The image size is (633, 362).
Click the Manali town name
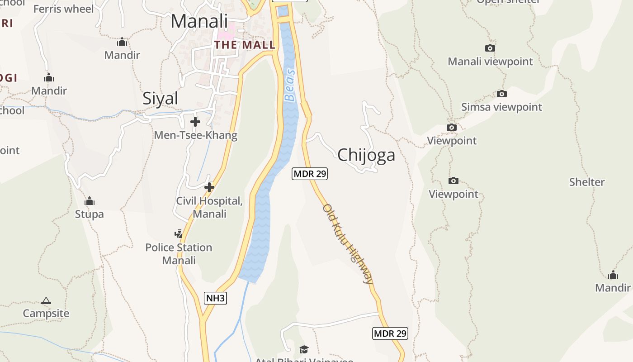pyautogui.click(x=199, y=21)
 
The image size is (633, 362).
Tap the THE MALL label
pyautogui.click(x=245, y=45)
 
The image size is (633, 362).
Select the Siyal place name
pyautogui.click(x=160, y=98)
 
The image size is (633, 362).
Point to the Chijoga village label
pyautogui.click(x=366, y=155)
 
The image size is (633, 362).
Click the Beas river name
pyautogui.click(x=290, y=85)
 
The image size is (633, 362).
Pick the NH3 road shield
pyautogui.click(x=215, y=298)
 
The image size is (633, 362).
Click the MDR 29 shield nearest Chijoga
pyautogui.click(x=310, y=173)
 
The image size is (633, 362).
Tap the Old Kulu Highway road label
pyautogui.click(x=348, y=244)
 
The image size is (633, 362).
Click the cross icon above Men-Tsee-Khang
pyautogui.click(x=195, y=122)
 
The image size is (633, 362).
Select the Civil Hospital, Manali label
pyautogui.click(x=209, y=207)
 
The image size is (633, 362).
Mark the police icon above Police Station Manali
pyautogui.click(x=179, y=234)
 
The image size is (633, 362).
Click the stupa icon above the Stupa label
pyautogui.click(x=90, y=200)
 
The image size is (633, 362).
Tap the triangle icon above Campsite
pyautogui.click(x=46, y=300)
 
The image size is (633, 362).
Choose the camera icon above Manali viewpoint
pyautogui.click(x=490, y=48)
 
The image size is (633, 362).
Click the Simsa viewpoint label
pyautogui.click(x=501, y=107)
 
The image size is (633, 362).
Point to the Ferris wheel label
pyautogui.click(x=64, y=9)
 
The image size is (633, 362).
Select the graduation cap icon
pyautogui.click(x=304, y=349)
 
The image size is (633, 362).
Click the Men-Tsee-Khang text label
pyautogui.click(x=195, y=135)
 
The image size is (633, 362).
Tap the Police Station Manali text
pyautogui.click(x=179, y=254)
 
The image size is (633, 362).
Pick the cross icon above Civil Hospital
pyautogui.click(x=209, y=187)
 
